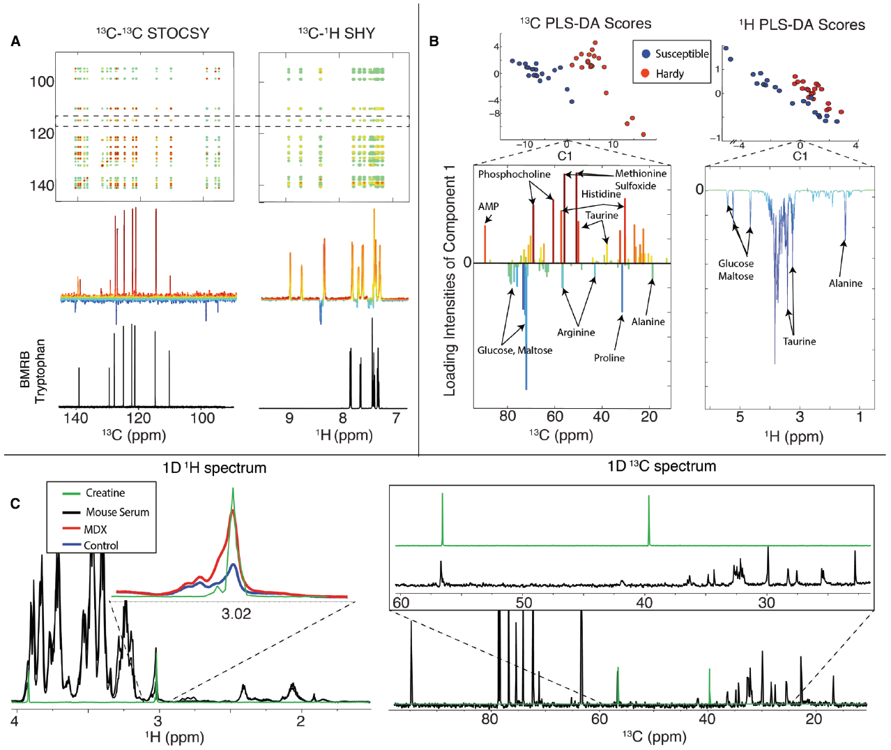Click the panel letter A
(x=15, y=42)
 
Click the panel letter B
(x=434, y=42)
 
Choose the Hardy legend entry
(x=669, y=73)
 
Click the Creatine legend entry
(x=105, y=493)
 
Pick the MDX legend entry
(x=95, y=530)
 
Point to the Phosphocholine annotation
(x=514, y=174)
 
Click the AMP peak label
(x=488, y=207)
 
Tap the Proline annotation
(x=609, y=358)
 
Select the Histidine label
(x=601, y=194)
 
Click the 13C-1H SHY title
(x=337, y=33)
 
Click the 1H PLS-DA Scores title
(x=802, y=25)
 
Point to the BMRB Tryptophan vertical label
(x=33, y=370)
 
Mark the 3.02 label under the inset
(x=236, y=614)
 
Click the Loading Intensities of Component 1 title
(x=450, y=280)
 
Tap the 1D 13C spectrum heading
(x=661, y=466)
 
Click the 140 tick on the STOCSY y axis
(x=42, y=185)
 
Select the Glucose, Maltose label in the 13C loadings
(x=515, y=350)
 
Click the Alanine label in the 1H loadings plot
(x=845, y=283)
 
